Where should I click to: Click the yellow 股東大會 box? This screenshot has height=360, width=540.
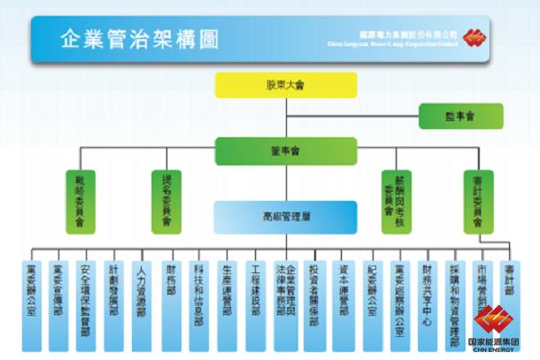point(284,85)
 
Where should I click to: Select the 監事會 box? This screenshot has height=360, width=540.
point(459,116)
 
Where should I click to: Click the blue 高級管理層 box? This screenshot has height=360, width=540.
point(284,217)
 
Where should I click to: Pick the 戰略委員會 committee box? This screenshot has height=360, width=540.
point(80,201)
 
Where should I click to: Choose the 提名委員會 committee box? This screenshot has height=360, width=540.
point(166,201)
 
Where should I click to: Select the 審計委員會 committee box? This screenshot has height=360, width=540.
point(478,201)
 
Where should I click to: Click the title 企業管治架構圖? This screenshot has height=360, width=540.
point(137,40)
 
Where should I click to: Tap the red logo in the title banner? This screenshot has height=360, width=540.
point(475,38)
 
